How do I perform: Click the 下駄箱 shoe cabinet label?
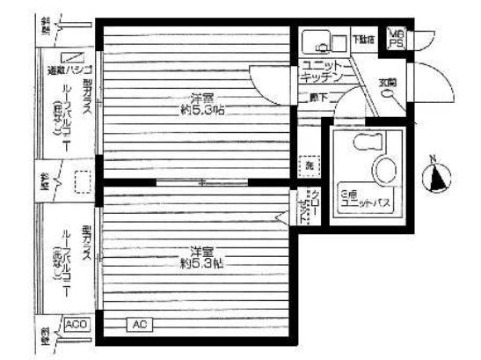tap(362, 40)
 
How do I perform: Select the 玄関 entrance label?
tap(387, 83)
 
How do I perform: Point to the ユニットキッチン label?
tap(326, 71)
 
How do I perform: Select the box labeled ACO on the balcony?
tap(78, 325)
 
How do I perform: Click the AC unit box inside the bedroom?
tap(138, 325)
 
